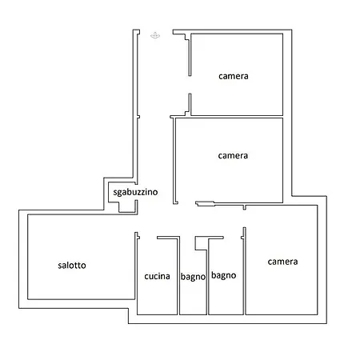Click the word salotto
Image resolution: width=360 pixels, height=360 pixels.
[72, 266]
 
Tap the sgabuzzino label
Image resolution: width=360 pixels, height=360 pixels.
[135, 192]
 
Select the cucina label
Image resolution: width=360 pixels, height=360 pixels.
[157, 276]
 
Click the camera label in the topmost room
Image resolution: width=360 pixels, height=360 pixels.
[234, 76]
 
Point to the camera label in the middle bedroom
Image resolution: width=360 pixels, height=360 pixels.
[233, 156]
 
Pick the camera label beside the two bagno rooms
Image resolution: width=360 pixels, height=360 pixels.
[282, 262]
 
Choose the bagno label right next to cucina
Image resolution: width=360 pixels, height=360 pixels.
[193, 277]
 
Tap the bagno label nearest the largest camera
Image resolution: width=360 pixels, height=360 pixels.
[223, 275]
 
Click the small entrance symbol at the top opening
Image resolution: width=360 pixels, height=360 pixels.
[155, 35]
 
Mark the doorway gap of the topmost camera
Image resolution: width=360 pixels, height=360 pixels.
[190, 85]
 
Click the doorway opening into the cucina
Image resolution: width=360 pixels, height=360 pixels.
[148, 238]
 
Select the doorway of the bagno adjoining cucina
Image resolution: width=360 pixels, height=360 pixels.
[187, 238]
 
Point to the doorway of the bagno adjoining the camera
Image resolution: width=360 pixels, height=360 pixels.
[232, 238]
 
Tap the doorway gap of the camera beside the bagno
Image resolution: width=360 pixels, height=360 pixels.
[244, 218]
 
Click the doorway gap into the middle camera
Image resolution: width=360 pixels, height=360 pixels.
[186, 203]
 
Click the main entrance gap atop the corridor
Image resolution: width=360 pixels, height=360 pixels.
[156, 32]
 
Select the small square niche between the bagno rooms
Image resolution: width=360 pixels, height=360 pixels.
[201, 244]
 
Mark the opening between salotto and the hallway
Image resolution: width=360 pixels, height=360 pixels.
[136, 223]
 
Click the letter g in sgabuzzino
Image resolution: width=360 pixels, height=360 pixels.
[118, 193]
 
